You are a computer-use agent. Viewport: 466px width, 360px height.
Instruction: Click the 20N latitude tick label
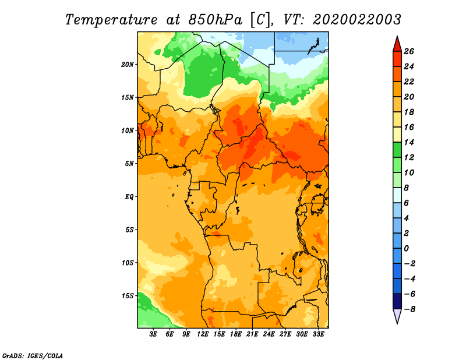(x=128, y=65)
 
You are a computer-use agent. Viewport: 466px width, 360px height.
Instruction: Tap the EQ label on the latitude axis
(x=129, y=197)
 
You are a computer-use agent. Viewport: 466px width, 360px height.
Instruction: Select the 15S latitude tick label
(x=128, y=296)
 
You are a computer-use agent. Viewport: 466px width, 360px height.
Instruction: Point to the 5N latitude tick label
(x=129, y=164)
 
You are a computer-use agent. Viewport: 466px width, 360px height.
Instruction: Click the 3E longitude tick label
(x=153, y=334)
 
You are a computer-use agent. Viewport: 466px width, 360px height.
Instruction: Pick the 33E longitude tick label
(x=318, y=334)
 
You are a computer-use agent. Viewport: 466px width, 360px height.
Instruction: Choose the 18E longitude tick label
(x=236, y=334)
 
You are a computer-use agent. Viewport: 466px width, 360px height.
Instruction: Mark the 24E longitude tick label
(x=269, y=334)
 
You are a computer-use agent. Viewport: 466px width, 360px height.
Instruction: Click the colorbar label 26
(x=409, y=51)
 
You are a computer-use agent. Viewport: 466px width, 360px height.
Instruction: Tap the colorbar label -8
(x=409, y=309)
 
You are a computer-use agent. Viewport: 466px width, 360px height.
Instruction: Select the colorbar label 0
(x=406, y=249)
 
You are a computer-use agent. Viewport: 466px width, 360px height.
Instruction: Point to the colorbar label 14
(x=409, y=142)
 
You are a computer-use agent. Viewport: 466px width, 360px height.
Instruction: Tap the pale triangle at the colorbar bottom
(x=397, y=315)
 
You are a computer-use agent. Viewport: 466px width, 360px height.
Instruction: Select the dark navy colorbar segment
(x=397, y=301)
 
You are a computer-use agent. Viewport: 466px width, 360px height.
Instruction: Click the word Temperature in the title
(x=111, y=20)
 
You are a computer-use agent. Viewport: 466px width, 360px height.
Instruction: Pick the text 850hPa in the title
(x=215, y=20)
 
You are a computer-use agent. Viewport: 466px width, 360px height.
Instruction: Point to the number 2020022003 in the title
(x=357, y=20)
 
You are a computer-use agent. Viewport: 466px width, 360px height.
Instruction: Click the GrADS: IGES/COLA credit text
(x=33, y=355)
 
